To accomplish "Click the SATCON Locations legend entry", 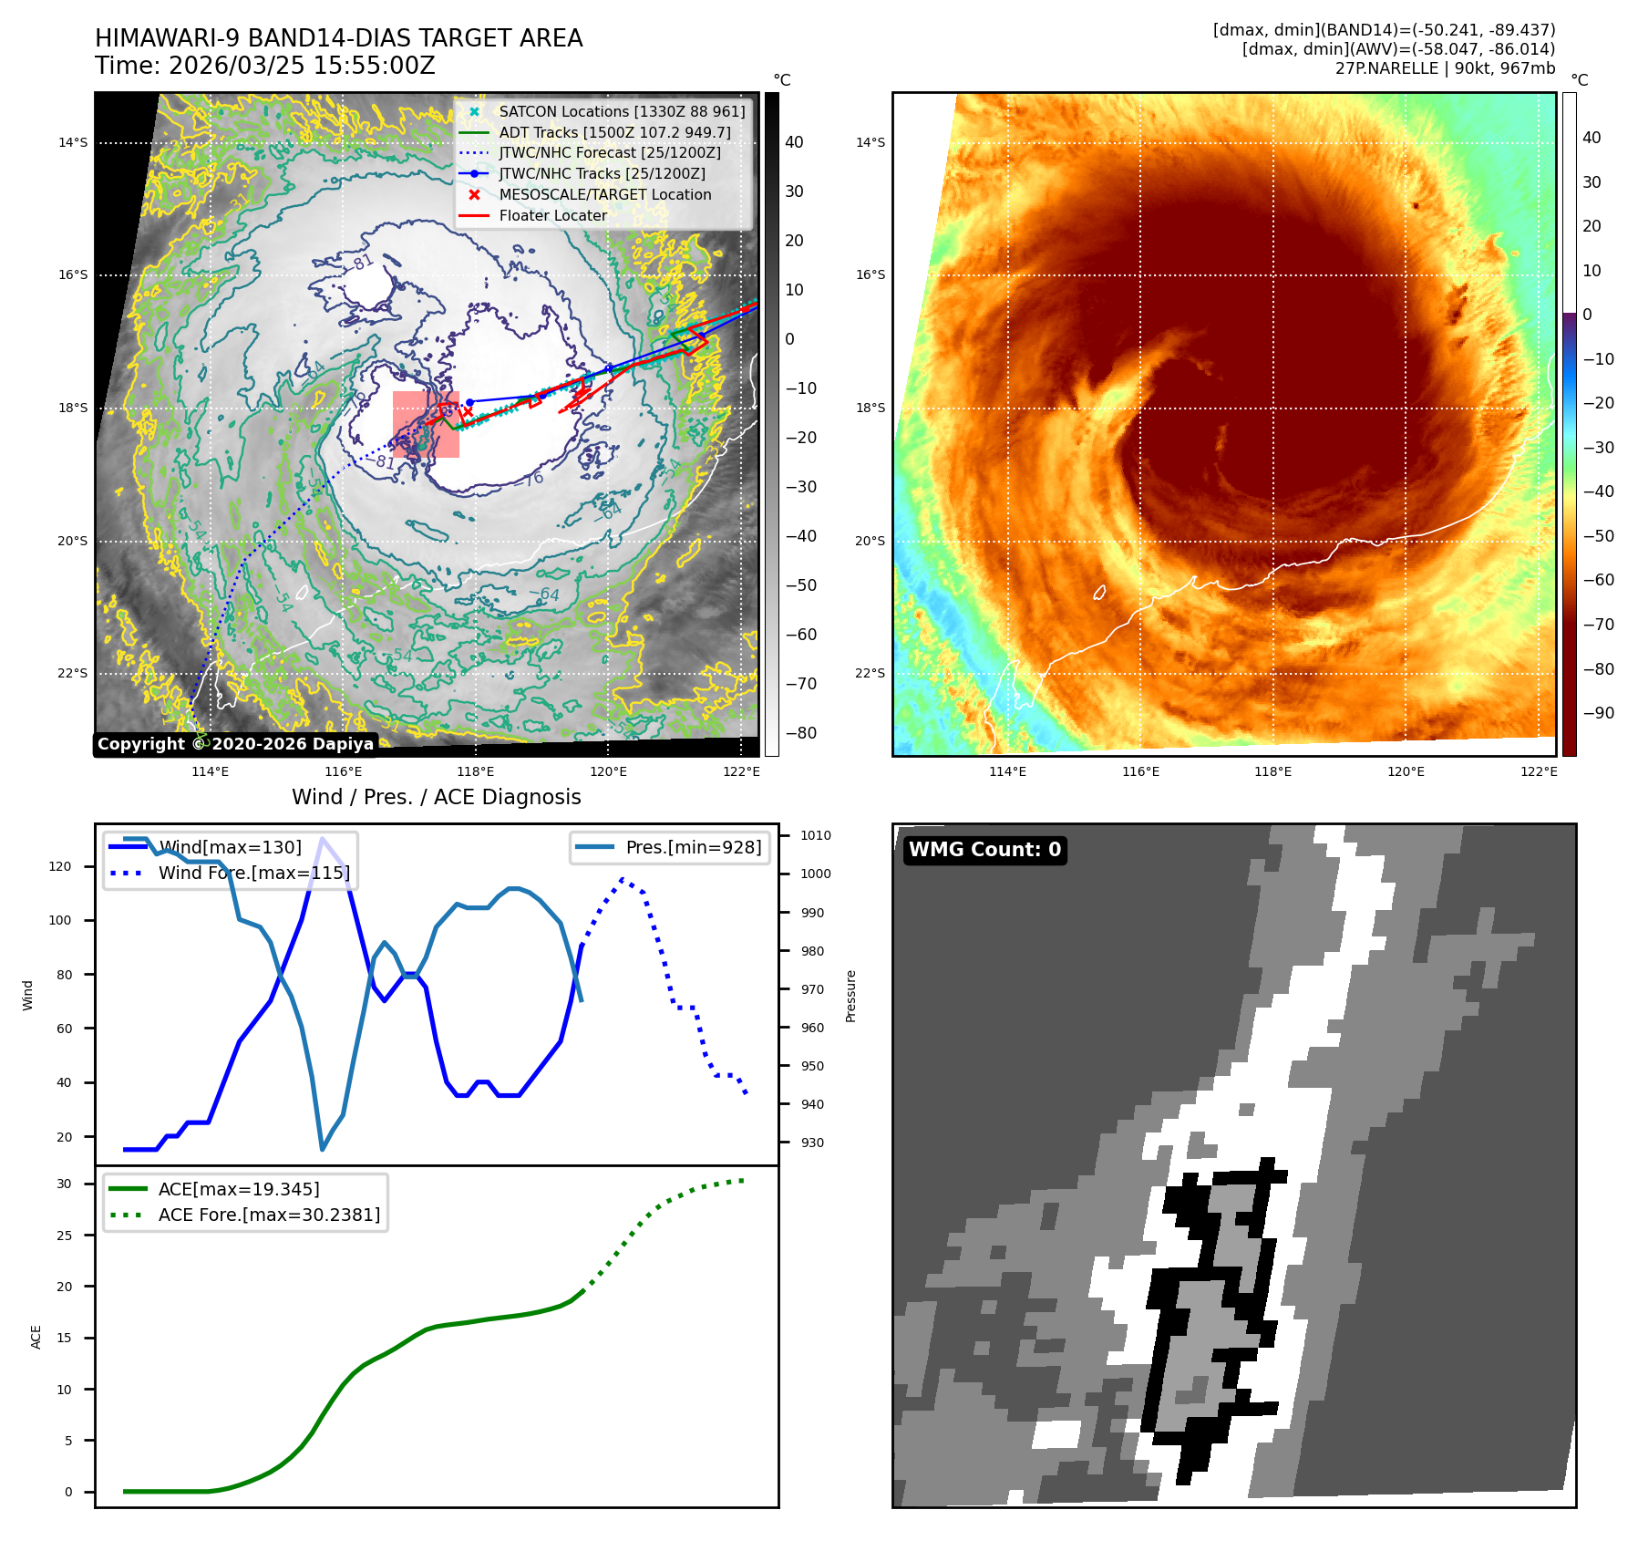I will (x=622, y=111).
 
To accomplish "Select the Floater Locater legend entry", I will (x=552, y=216).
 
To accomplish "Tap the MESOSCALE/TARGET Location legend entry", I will (x=604, y=195).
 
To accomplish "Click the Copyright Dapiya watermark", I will (x=235, y=744).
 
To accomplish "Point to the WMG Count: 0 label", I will (x=984, y=850).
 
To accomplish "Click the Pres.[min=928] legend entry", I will (x=693, y=847).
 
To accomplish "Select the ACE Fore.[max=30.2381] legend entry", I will (x=269, y=1215).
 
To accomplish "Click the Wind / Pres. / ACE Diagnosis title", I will (x=436, y=797).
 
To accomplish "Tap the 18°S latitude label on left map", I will (x=73, y=408).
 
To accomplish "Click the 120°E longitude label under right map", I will (x=1406, y=771).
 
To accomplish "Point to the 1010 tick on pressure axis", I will (x=815, y=835).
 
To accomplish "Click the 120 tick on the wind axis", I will (x=60, y=866).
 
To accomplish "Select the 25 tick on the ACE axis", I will (x=64, y=1236).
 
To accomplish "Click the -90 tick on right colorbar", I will (x=1598, y=713).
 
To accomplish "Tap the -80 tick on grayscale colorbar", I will (x=801, y=733).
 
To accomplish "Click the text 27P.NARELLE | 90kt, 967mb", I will (x=1445, y=68).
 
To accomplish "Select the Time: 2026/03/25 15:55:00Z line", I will (x=264, y=66).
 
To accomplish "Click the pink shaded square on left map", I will (x=426, y=424).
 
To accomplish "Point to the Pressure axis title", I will (x=850, y=996).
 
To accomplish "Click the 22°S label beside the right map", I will (x=870, y=673).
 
